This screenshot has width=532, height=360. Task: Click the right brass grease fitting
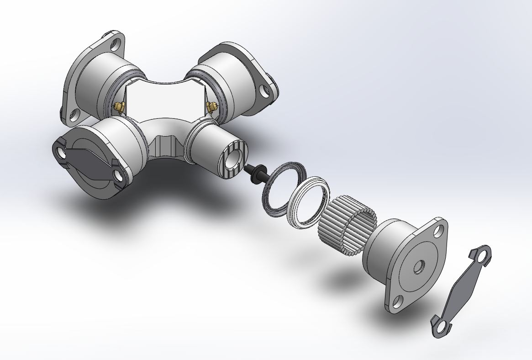[x=211, y=107]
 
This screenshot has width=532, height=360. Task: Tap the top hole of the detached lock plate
[x=483, y=257]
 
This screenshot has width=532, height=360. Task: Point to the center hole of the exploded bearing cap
[x=418, y=267]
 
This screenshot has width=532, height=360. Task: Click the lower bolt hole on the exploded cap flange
[x=398, y=302]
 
